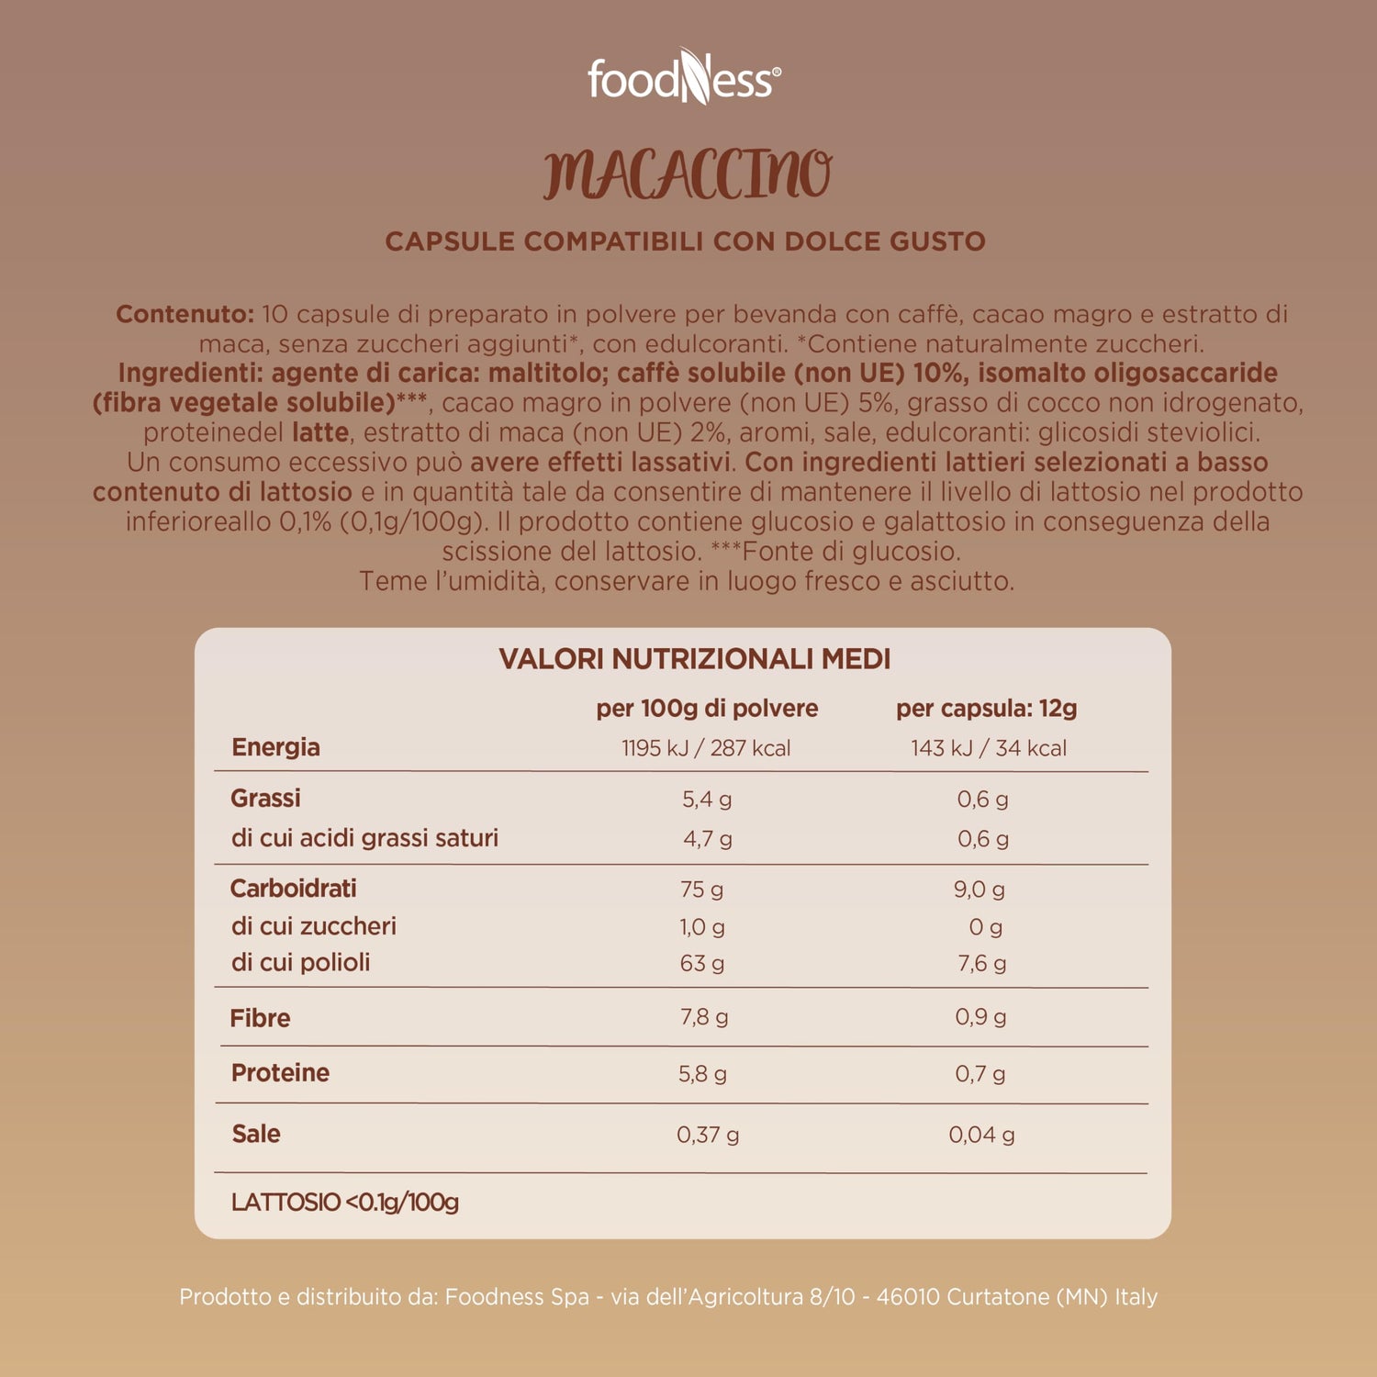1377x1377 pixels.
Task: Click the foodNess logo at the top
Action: point(685,78)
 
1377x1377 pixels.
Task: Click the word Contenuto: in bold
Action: point(185,314)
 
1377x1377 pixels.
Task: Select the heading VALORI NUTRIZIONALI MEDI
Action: point(695,659)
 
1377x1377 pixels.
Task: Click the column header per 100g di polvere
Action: point(707,709)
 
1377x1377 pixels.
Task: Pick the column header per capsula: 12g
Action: point(987,709)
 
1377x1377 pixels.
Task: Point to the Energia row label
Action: point(275,747)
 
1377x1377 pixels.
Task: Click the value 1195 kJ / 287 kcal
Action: point(706,748)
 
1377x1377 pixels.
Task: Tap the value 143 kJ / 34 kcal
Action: point(989,748)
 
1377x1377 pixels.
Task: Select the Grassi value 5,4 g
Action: point(707,800)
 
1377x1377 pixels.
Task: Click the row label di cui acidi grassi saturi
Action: point(364,838)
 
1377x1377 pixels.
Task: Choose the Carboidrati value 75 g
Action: point(702,890)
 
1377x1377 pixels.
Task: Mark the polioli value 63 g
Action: point(702,964)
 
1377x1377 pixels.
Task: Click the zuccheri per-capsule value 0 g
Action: point(986,927)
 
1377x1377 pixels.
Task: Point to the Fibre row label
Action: point(260,1018)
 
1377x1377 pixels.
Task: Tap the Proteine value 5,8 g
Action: point(702,1074)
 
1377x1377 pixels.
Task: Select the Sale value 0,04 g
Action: point(981,1135)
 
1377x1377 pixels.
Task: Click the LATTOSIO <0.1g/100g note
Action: point(345,1203)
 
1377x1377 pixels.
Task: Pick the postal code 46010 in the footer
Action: point(908,1297)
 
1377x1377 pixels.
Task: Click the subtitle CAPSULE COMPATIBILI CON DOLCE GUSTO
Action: point(685,241)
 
